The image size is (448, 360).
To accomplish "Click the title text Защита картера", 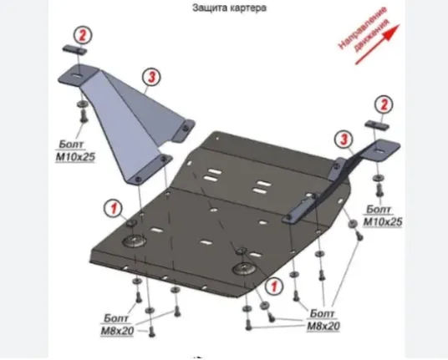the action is [229, 8].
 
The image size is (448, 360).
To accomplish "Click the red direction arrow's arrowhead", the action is [393, 31].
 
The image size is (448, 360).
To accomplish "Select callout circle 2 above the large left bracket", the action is [83, 35].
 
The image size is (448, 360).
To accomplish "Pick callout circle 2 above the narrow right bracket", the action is [384, 104].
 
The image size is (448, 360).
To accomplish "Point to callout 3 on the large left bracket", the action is [151, 77].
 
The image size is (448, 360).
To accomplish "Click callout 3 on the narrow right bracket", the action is [344, 139].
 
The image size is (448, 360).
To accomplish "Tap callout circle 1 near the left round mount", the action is [114, 208].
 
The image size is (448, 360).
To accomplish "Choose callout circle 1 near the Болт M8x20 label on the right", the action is [274, 286].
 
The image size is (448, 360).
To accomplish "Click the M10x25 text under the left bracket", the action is [75, 157].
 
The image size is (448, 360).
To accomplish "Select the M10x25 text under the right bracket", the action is [383, 222].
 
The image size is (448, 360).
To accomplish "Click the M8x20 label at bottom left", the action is [117, 331].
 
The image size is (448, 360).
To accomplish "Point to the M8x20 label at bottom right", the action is [323, 326].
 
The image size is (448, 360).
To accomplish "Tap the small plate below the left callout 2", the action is [74, 49].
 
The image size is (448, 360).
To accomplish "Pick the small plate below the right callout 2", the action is [376, 125].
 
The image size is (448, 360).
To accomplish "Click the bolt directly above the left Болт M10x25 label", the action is [83, 116].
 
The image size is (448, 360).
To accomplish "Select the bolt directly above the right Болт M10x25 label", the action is [379, 190].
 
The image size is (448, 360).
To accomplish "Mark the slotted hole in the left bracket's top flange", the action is [76, 75].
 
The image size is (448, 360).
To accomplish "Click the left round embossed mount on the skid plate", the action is [135, 241].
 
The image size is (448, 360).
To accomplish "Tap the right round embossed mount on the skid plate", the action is [244, 269].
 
